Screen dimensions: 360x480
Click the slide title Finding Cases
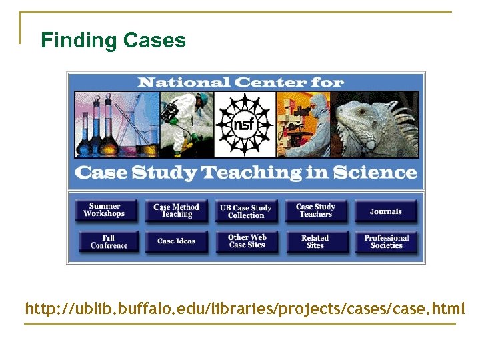click(113, 41)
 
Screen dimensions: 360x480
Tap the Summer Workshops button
click(105, 211)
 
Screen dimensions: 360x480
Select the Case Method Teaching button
click(177, 211)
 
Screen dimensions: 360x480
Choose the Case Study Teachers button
click(315, 211)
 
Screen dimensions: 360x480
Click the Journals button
click(386, 211)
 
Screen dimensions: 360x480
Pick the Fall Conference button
click(108, 241)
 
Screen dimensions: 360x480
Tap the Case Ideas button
click(177, 241)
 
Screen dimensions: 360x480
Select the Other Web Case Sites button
click(247, 241)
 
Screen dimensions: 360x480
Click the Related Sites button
click(315, 241)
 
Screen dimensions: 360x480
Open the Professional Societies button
click(386, 241)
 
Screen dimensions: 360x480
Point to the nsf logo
click(244, 124)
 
